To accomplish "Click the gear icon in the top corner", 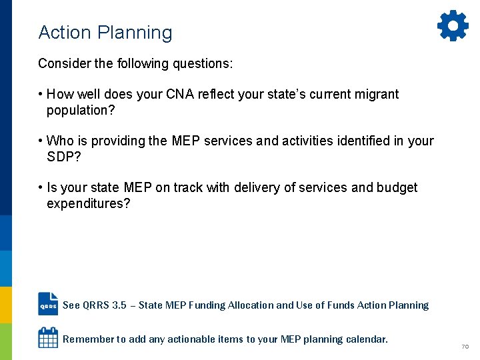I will [453, 26].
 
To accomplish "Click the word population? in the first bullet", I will [81, 111].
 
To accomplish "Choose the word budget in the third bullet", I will [397, 188].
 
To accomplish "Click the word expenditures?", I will [89, 204].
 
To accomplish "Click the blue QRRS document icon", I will [48, 305].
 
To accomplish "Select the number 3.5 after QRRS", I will [119, 305].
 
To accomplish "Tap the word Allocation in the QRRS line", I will [250, 305].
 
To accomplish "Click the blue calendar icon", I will [48, 338].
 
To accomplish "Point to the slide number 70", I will [465, 347].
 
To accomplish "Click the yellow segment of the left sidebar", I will [6, 305].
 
